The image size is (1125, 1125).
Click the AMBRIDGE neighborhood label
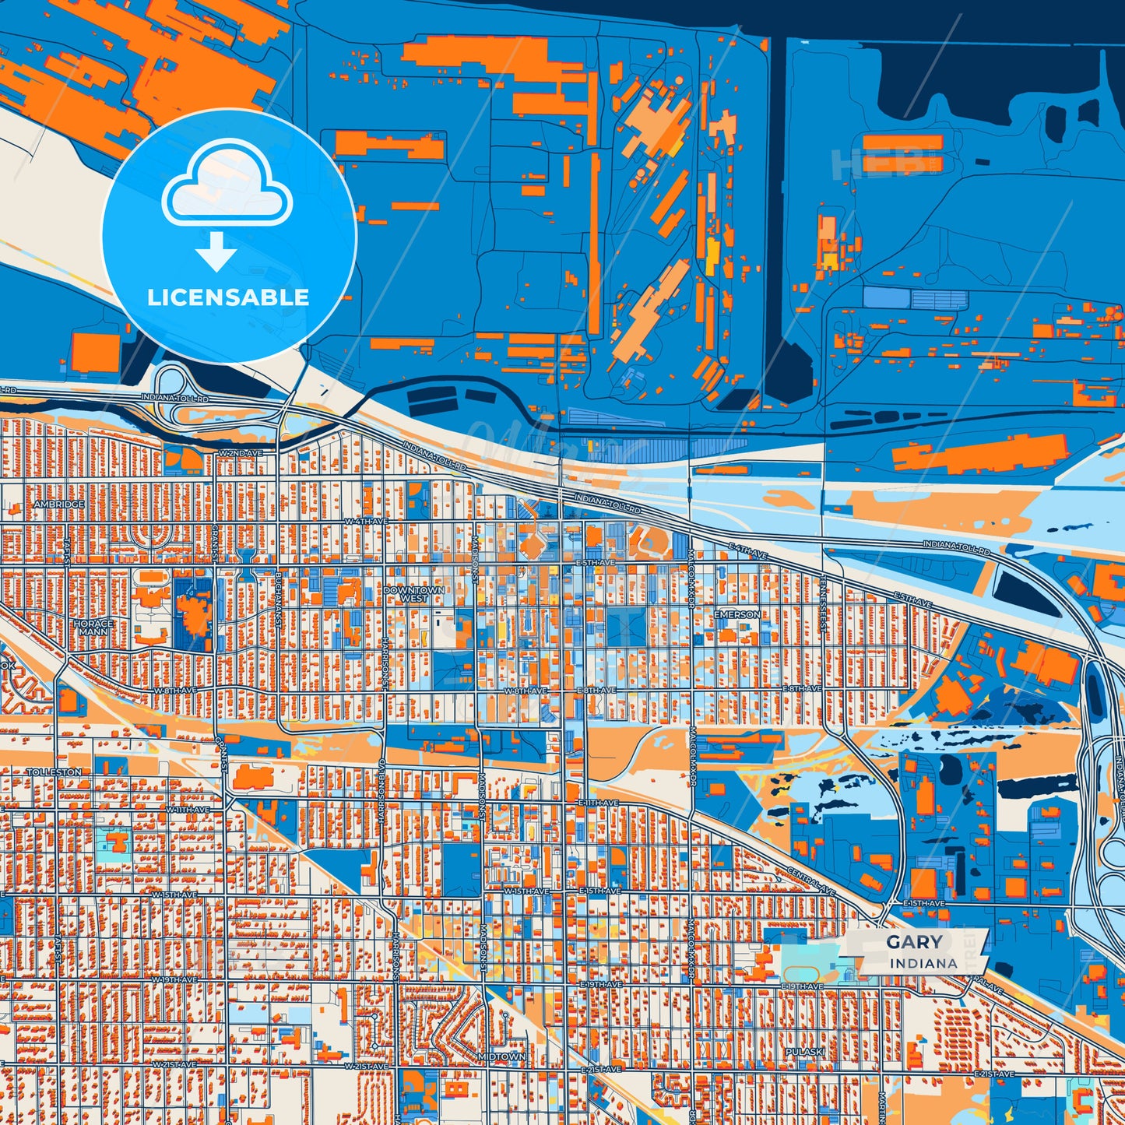click(59, 504)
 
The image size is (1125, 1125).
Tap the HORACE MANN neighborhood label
click(93, 628)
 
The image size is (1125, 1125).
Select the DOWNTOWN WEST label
click(414, 595)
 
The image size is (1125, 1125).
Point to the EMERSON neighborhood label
click(737, 614)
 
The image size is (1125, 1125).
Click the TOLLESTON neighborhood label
click(54, 772)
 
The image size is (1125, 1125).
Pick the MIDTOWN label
click(501, 1056)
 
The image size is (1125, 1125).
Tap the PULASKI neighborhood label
click(805, 1052)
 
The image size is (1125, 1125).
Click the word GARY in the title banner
click(914, 942)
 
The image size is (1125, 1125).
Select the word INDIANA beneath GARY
click(923, 963)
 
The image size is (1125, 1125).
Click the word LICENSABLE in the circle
click(228, 297)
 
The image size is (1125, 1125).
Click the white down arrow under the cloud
click(216, 251)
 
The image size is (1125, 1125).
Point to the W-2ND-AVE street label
click(241, 452)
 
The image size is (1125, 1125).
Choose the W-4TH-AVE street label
click(366, 521)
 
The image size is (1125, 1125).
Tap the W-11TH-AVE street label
click(188, 810)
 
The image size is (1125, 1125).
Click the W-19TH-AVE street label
click(175, 979)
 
